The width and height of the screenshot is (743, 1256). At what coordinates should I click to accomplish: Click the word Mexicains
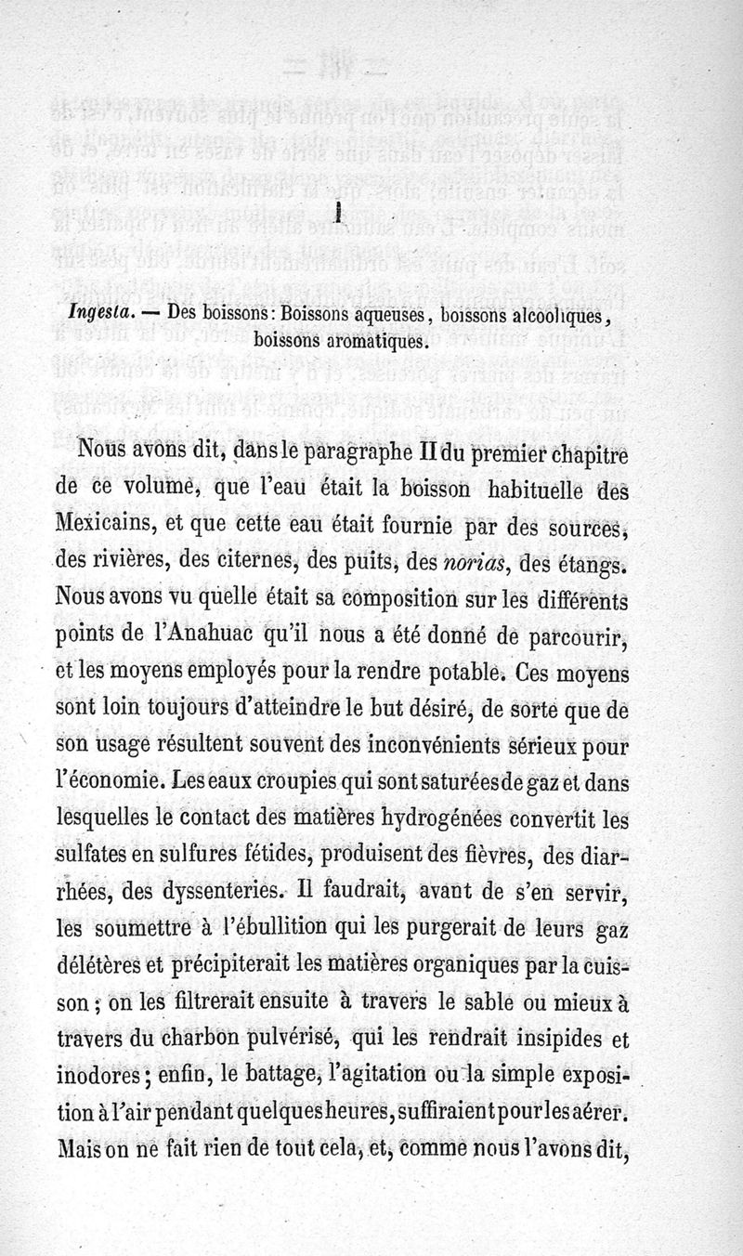tap(103, 528)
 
